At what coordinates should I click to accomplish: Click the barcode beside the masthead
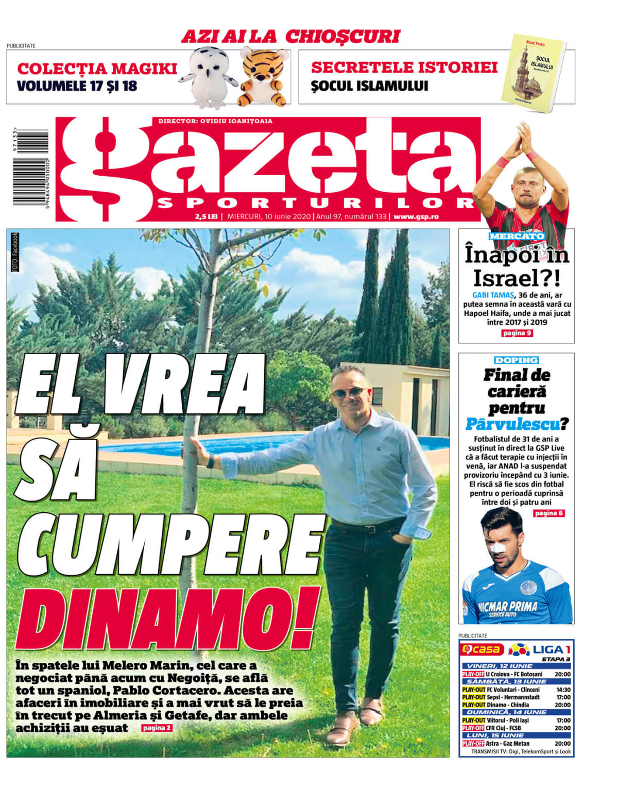click(31, 167)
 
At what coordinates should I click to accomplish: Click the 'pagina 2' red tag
click(157, 728)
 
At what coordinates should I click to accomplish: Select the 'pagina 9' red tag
click(517, 333)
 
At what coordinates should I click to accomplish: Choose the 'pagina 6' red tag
click(549, 513)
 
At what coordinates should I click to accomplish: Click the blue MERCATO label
click(517, 236)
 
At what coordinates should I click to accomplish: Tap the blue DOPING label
click(516, 360)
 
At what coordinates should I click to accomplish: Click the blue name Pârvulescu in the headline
click(512, 424)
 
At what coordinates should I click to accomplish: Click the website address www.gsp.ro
click(416, 217)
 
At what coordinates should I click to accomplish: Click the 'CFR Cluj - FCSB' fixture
click(504, 728)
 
